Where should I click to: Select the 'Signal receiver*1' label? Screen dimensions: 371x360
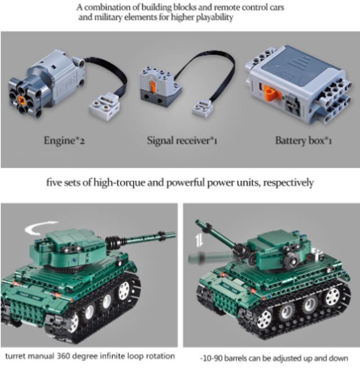click(182, 140)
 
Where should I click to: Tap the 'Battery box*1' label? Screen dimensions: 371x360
click(303, 140)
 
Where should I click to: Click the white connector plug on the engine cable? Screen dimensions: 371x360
click(106, 105)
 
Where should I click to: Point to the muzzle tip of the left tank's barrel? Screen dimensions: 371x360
click(172, 234)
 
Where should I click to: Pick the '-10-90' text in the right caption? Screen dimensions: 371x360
click(213, 358)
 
